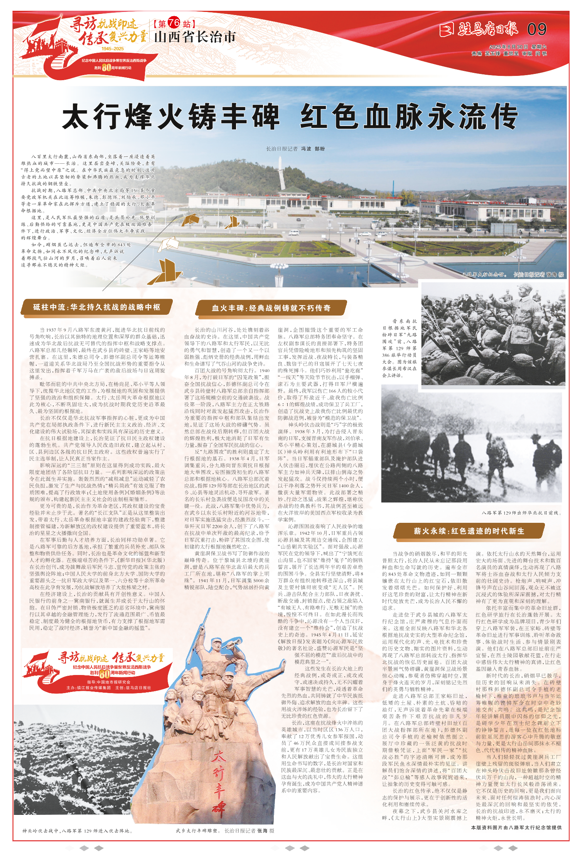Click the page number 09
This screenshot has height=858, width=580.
[536, 29]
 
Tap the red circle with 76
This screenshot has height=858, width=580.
[174, 24]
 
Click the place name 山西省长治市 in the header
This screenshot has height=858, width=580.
[194, 38]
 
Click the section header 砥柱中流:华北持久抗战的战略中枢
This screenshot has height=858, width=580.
[97, 307]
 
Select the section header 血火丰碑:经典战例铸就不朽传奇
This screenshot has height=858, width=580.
[271, 308]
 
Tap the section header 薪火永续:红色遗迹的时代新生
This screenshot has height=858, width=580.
[469, 531]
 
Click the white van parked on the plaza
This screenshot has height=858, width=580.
[294, 232]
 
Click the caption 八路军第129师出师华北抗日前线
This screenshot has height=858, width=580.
[521, 513]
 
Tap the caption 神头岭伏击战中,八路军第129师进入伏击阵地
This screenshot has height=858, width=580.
[78, 831]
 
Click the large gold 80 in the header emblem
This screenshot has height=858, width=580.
[106, 67]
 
